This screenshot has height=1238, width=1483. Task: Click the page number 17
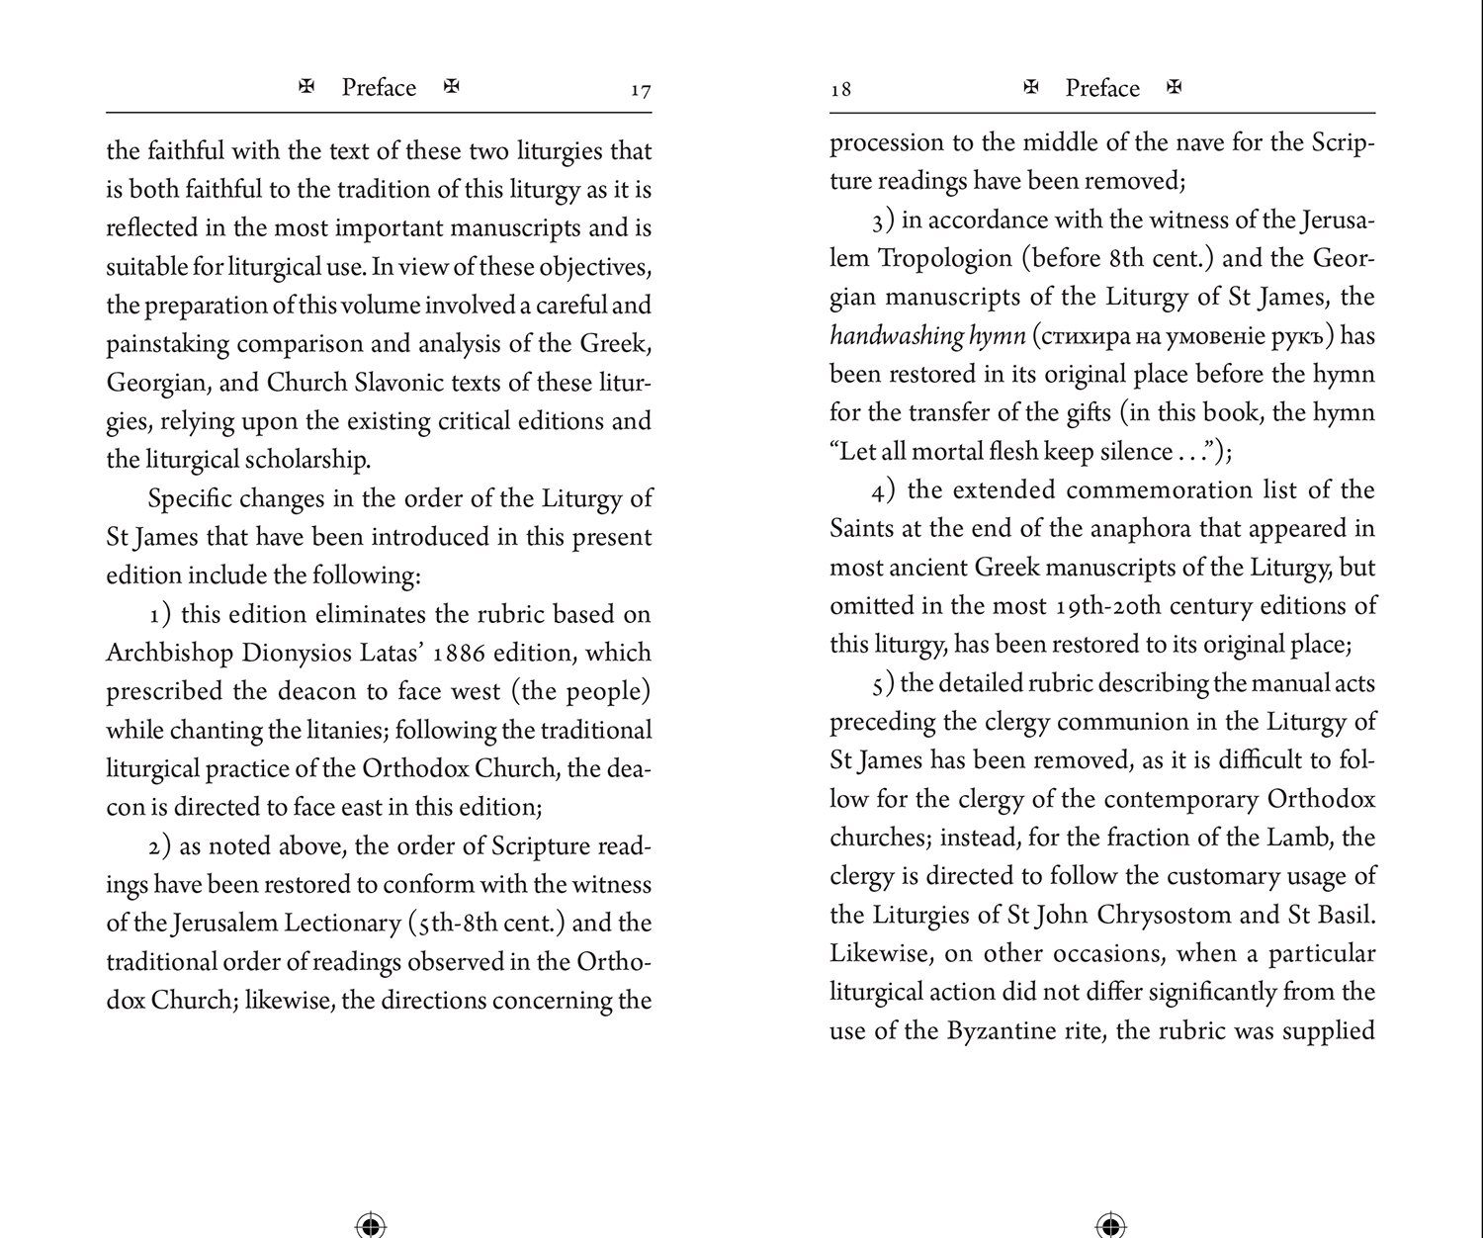tap(641, 91)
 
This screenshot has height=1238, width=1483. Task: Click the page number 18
tap(840, 90)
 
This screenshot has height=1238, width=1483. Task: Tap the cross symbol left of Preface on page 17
tap(306, 87)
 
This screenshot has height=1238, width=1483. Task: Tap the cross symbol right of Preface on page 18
tap(1175, 87)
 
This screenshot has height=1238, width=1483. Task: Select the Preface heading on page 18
tap(1102, 88)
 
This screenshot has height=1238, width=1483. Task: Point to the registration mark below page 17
tap(370, 1224)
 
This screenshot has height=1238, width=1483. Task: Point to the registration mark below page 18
tap(1111, 1224)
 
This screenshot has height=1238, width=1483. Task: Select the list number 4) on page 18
tap(884, 491)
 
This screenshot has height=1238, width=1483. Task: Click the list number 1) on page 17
tap(160, 615)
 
